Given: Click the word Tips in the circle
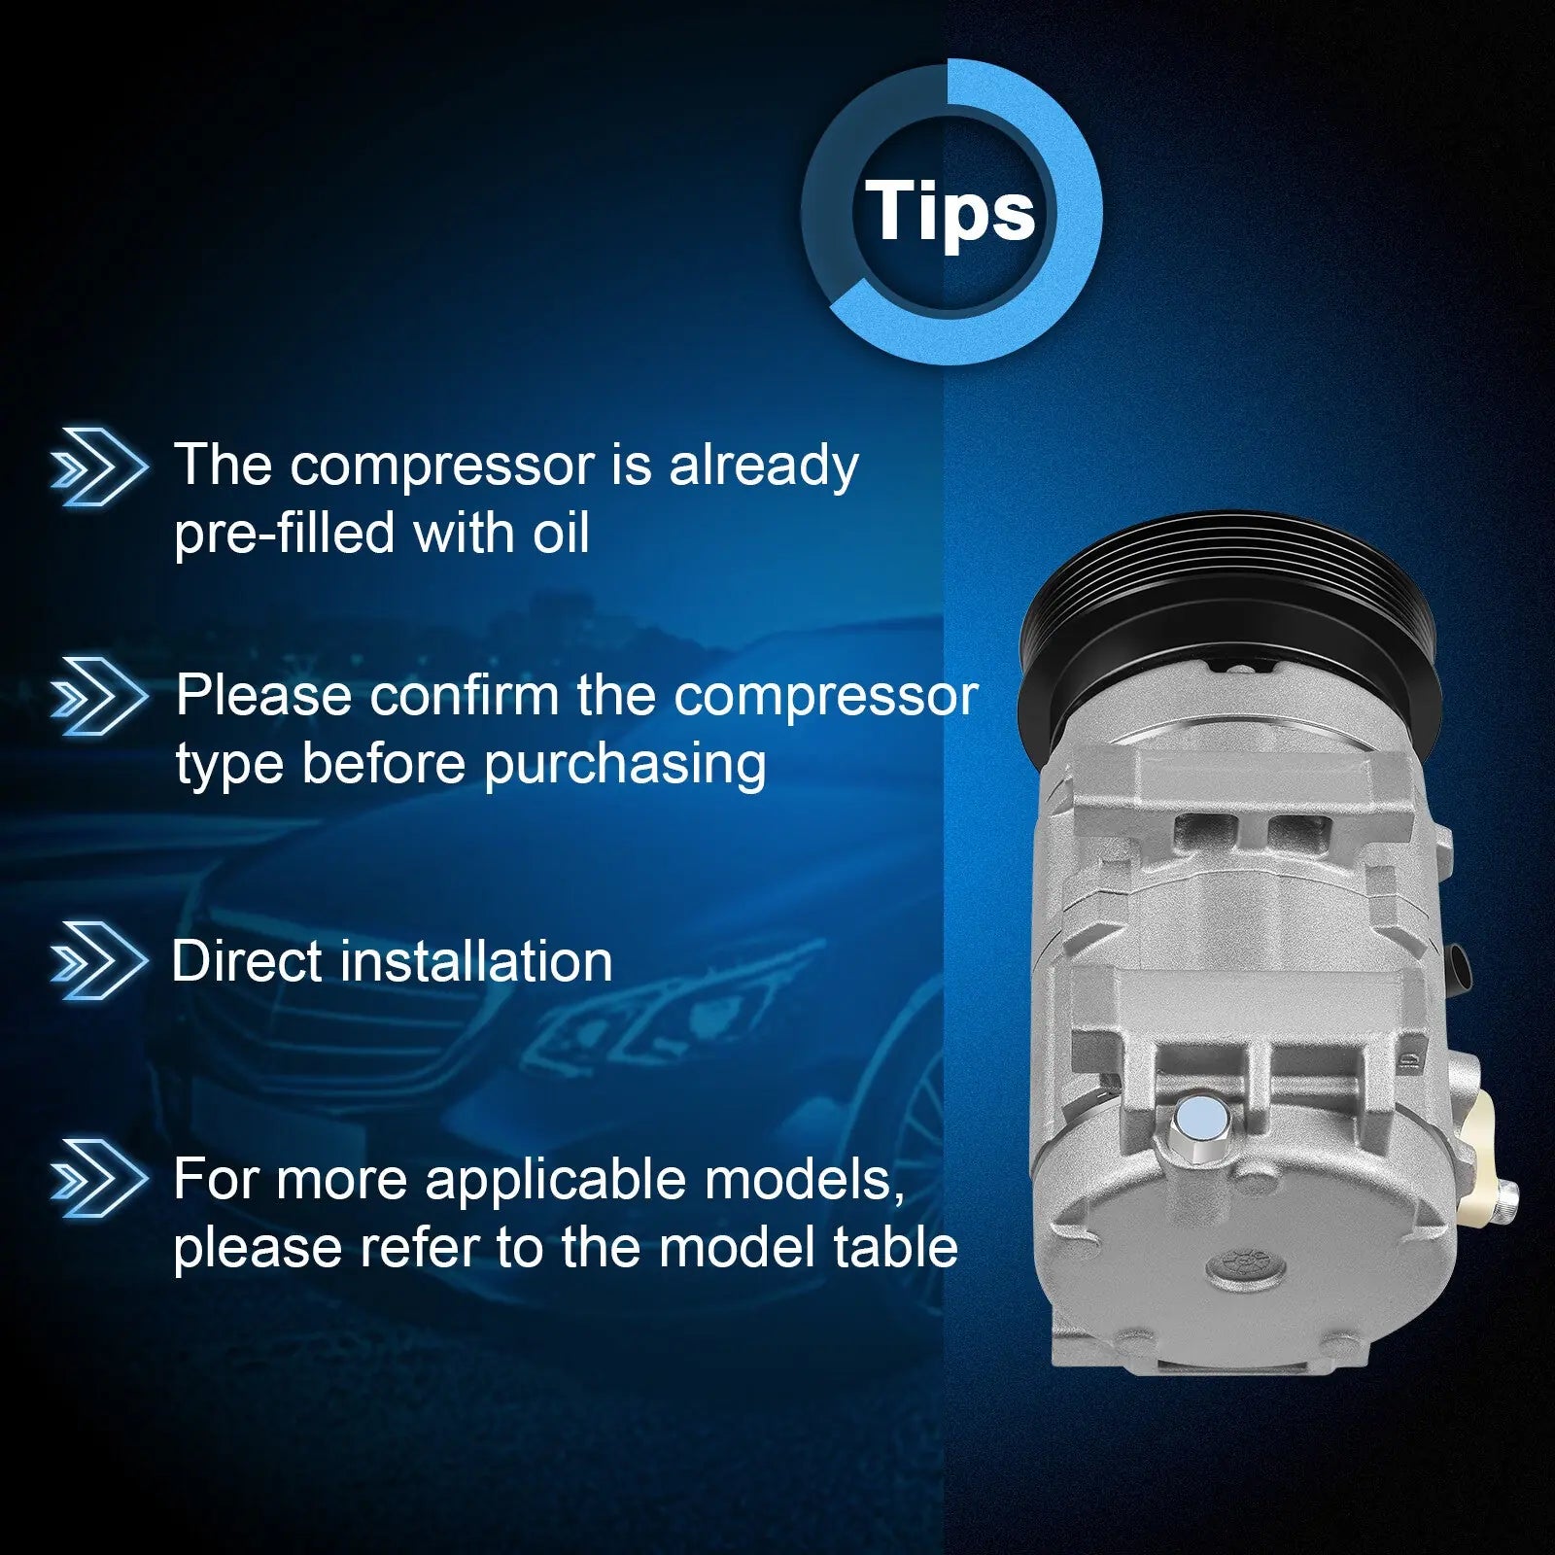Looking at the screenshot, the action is point(950,211).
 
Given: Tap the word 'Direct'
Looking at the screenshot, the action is point(245,961).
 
